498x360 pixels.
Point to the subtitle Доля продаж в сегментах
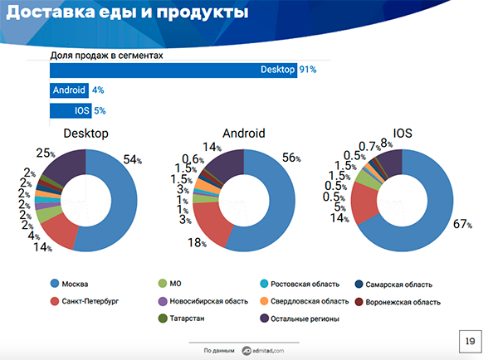pos(106,56)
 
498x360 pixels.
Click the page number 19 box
pos(470,341)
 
